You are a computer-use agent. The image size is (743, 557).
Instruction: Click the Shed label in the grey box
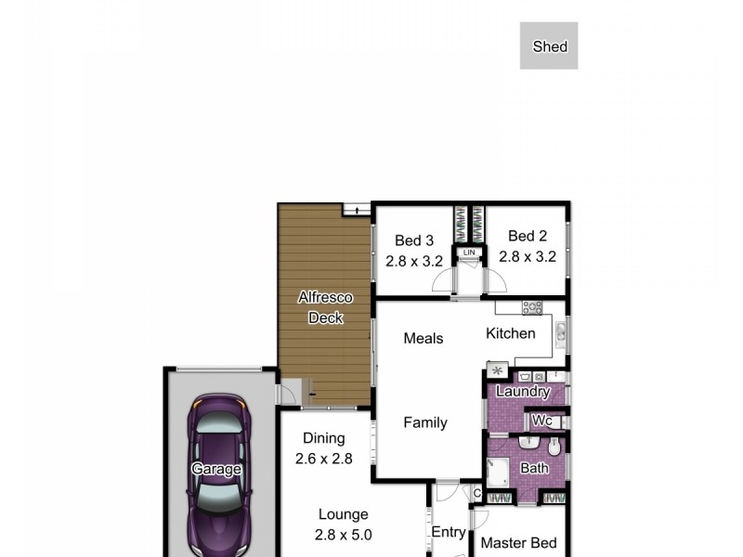pyautogui.click(x=550, y=46)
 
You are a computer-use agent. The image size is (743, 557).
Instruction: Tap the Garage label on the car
pyautogui.click(x=216, y=469)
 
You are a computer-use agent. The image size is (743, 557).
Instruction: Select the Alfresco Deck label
pyautogui.click(x=325, y=308)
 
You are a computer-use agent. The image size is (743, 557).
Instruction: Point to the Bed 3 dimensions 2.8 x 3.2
pyautogui.click(x=414, y=261)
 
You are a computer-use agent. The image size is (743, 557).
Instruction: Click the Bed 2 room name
pyautogui.click(x=528, y=236)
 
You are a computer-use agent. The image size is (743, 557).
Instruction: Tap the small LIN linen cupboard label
pyautogui.click(x=469, y=252)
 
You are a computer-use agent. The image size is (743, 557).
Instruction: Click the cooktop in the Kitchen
pyautogui.click(x=532, y=307)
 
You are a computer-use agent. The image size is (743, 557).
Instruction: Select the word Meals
pyautogui.click(x=424, y=338)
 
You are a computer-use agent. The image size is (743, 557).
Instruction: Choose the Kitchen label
pyautogui.click(x=511, y=333)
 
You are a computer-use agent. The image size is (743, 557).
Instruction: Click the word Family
pyautogui.click(x=425, y=422)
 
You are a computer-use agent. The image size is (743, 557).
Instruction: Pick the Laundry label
pyautogui.click(x=523, y=392)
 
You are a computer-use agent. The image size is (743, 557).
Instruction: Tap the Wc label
pyautogui.click(x=542, y=421)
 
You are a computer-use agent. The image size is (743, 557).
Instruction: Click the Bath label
pyautogui.click(x=534, y=469)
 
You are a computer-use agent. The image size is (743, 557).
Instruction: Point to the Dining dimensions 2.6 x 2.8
pyautogui.click(x=324, y=458)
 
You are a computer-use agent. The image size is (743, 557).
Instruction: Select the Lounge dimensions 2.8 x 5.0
pyautogui.click(x=344, y=534)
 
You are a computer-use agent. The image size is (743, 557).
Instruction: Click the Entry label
pyautogui.click(x=449, y=532)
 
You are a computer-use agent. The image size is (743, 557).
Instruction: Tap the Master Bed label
pyautogui.click(x=519, y=543)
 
